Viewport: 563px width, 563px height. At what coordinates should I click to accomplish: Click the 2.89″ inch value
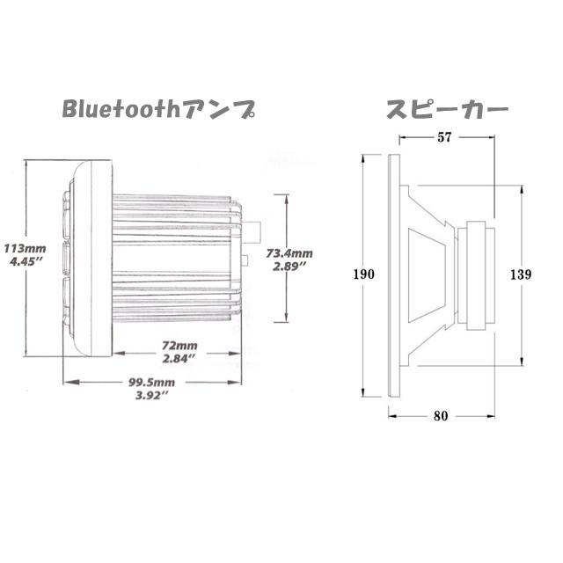(x=289, y=266)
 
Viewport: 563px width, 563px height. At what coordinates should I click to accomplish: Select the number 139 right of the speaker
(x=521, y=274)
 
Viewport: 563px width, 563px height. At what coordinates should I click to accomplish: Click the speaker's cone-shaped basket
(x=433, y=274)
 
